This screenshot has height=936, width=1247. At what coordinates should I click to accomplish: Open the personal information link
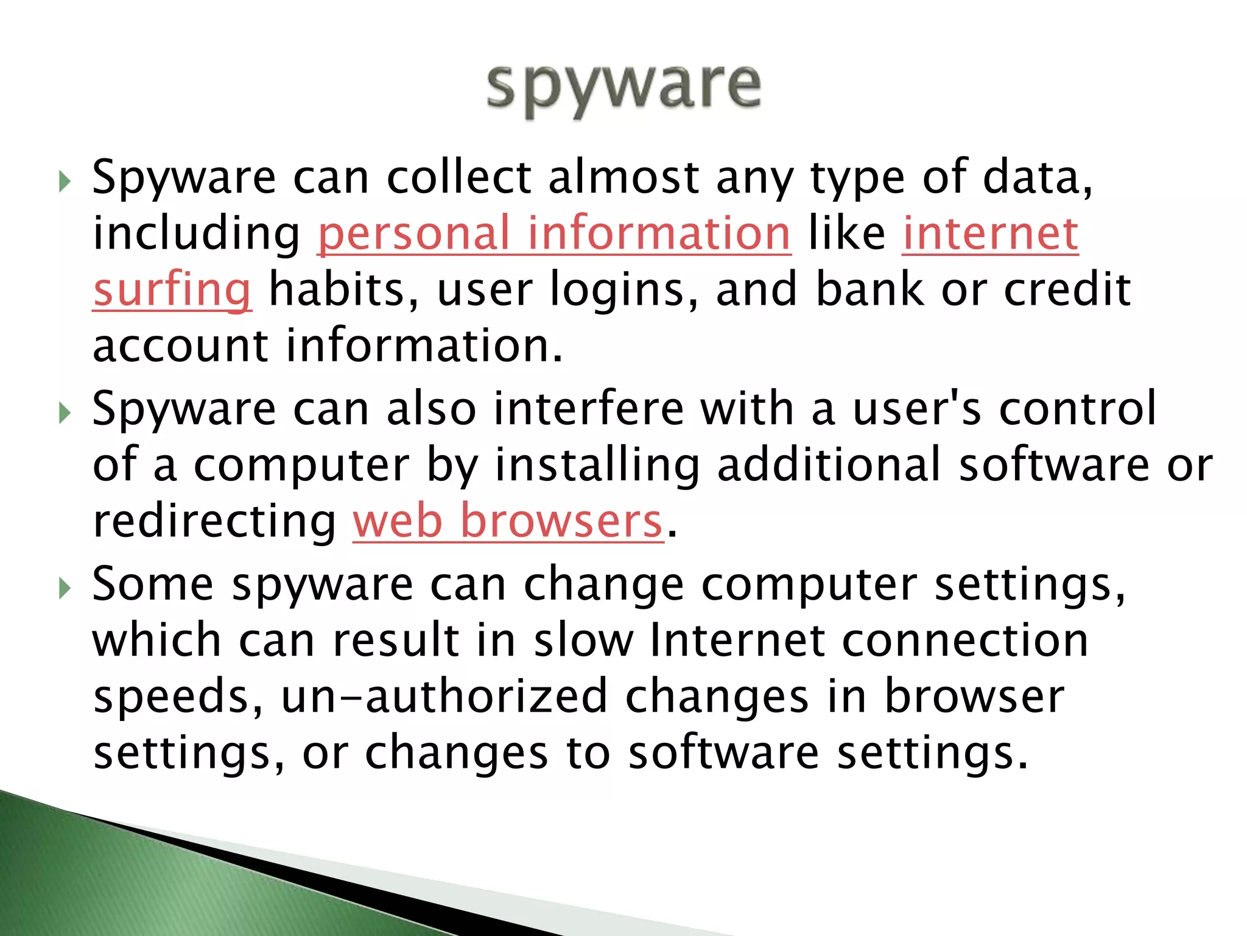554,233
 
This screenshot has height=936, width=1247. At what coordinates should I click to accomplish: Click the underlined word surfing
172,289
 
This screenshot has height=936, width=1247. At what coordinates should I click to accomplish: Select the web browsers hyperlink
508,522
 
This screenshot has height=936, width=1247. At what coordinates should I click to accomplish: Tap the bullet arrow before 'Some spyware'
65,588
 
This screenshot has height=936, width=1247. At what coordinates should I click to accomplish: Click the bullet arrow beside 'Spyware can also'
65,413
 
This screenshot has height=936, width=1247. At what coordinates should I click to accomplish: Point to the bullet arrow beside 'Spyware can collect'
65,182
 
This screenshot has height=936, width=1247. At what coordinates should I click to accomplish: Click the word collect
460,178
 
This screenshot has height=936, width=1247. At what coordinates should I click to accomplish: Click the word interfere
589,408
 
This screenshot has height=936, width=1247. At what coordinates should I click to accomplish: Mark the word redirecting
214,523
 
